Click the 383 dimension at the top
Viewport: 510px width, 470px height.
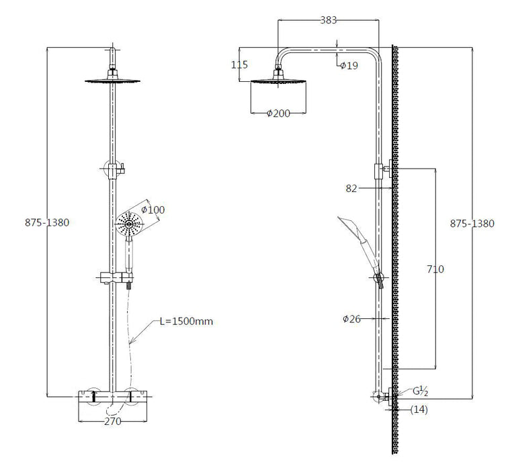point(328,20)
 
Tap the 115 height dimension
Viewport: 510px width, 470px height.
point(239,64)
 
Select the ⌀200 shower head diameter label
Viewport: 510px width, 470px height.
point(278,113)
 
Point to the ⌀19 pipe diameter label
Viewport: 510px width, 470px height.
point(349,66)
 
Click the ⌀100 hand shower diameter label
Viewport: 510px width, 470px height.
point(153,209)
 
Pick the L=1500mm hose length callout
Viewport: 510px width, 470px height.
point(186,321)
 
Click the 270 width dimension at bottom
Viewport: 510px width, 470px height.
point(112,421)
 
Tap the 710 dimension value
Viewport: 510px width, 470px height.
point(435,269)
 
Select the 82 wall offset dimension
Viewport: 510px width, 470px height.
point(351,189)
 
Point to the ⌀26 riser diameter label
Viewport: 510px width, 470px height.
point(351,319)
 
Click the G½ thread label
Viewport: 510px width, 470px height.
point(420,391)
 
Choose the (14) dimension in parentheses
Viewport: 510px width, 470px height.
point(419,410)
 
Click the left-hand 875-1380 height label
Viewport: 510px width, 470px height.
point(47,223)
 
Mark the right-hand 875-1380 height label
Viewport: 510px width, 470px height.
point(472,224)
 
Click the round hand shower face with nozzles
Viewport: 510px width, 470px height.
point(129,224)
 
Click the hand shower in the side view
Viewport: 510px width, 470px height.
point(361,247)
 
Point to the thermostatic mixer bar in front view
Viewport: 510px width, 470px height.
point(112,397)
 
